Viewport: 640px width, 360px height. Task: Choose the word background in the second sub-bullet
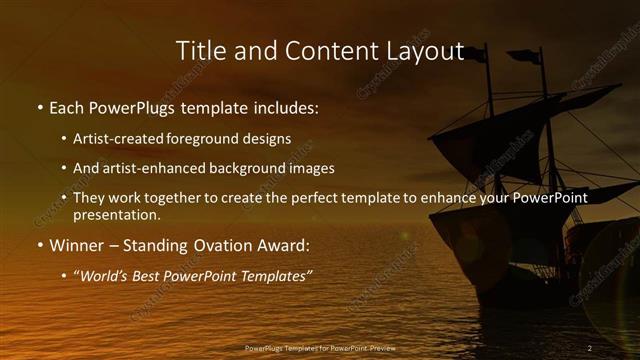252,169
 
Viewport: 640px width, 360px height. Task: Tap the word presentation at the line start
117,214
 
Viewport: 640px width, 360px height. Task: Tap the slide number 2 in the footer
590,347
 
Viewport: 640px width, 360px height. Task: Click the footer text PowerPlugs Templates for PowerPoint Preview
319,347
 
